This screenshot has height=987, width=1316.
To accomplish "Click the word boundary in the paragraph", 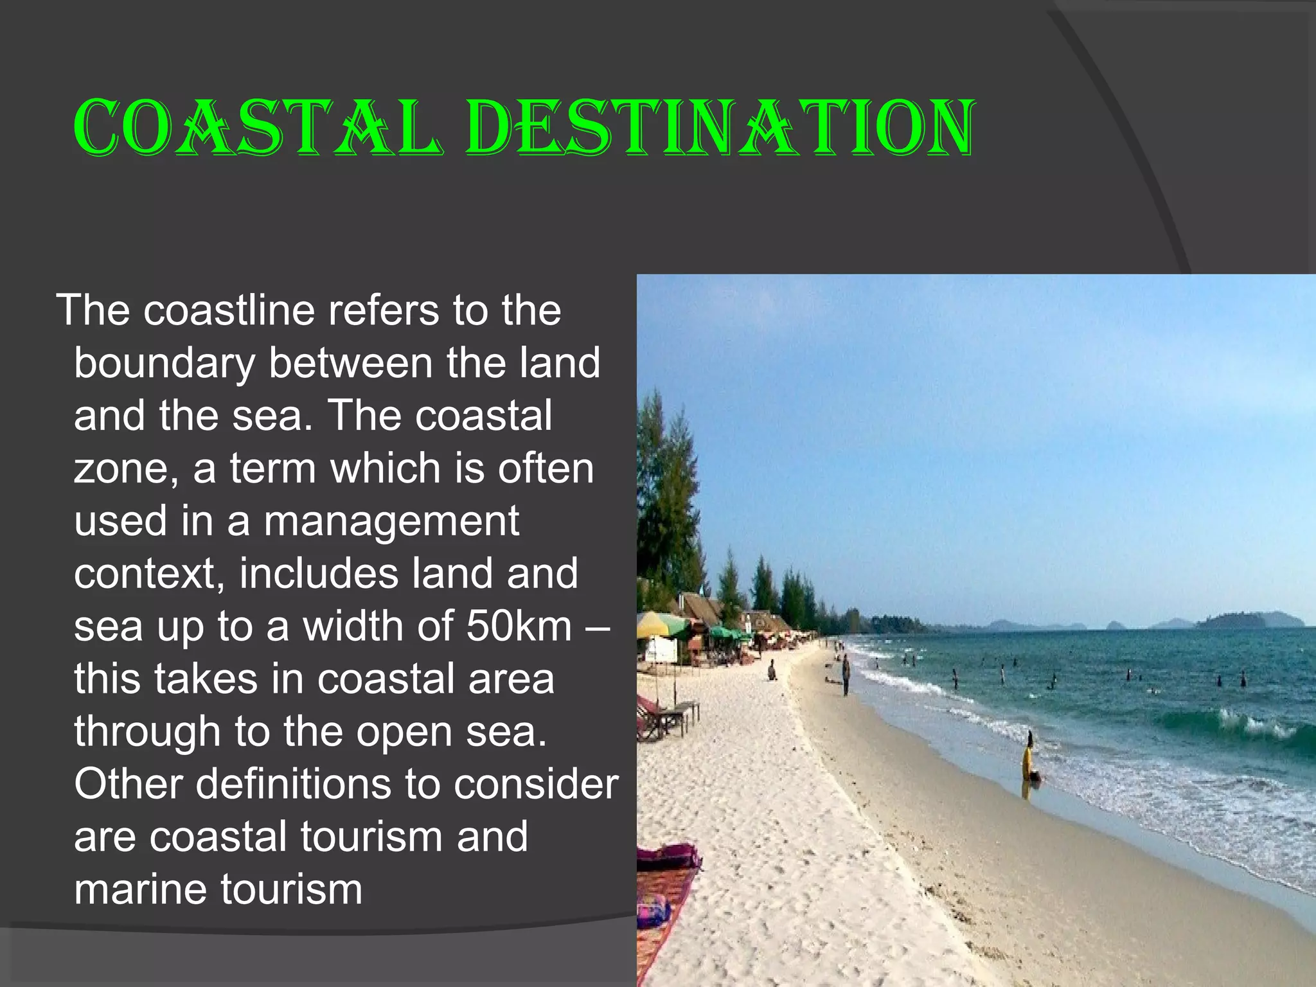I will click(164, 364).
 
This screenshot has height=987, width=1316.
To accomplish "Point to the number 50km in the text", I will click(519, 627).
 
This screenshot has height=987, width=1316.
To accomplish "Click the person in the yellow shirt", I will click(1029, 759).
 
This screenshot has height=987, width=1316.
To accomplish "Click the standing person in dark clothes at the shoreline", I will click(846, 675).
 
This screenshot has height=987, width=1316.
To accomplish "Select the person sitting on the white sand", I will click(772, 671).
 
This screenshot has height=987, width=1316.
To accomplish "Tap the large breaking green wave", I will click(1234, 723).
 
